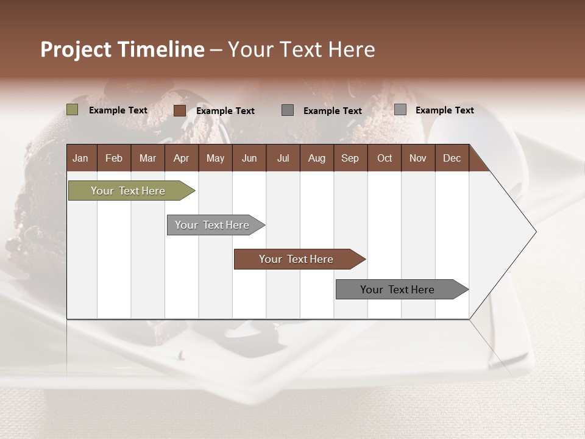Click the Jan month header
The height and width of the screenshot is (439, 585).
click(81, 158)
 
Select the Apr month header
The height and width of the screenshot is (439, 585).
click(182, 158)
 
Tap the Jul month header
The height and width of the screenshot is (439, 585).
click(283, 158)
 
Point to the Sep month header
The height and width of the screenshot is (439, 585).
click(350, 158)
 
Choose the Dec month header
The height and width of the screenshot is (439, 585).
click(452, 158)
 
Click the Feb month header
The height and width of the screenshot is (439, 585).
click(114, 158)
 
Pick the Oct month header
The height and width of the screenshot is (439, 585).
click(385, 158)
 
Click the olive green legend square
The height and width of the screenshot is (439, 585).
click(72, 110)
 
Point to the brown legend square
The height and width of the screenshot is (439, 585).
click(179, 110)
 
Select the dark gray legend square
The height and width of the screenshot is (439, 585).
click(288, 110)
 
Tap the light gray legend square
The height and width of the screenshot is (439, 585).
click(400, 110)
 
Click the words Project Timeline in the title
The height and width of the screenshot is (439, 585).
click(122, 49)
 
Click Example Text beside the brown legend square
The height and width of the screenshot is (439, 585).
click(225, 111)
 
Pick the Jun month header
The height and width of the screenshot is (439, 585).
click(249, 158)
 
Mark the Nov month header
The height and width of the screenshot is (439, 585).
click(418, 158)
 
